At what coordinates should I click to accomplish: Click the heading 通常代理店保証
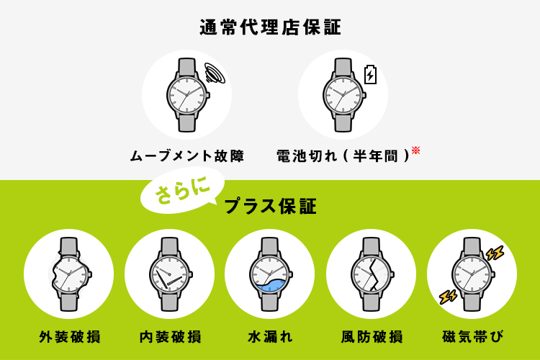[270, 27]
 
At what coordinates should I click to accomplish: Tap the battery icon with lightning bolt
[370, 74]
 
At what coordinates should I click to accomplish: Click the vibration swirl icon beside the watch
[215, 73]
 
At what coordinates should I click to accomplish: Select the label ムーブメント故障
[187, 156]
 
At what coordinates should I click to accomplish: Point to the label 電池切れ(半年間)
[343, 156]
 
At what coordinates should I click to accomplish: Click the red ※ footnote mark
[415, 150]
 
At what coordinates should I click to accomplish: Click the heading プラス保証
[270, 207]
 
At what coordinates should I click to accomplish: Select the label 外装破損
[70, 336]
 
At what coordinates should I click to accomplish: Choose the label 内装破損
[170, 336]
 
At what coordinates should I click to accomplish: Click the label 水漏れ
[270, 336]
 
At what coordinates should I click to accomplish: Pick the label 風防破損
[372, 336]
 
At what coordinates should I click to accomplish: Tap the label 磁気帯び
[472, 336]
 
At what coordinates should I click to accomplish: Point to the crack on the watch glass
[372, 274]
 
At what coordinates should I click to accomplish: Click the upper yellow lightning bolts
[495, 253]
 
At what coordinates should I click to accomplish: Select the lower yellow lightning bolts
[448, 297]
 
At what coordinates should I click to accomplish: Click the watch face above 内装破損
[170, 274]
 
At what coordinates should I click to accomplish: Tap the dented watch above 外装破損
[70, 274]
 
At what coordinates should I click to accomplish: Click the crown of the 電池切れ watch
[364, 95]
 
